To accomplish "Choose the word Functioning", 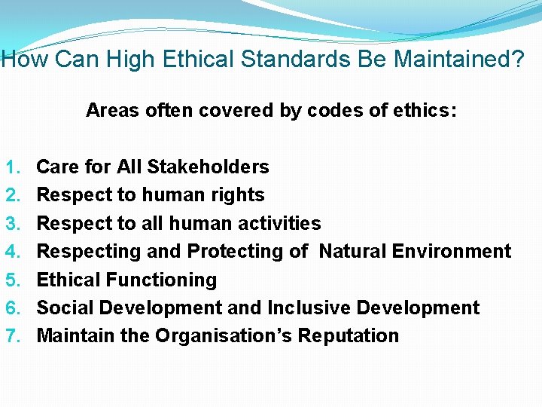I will coord(161,280).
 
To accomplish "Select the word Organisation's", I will coord(224,335).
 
